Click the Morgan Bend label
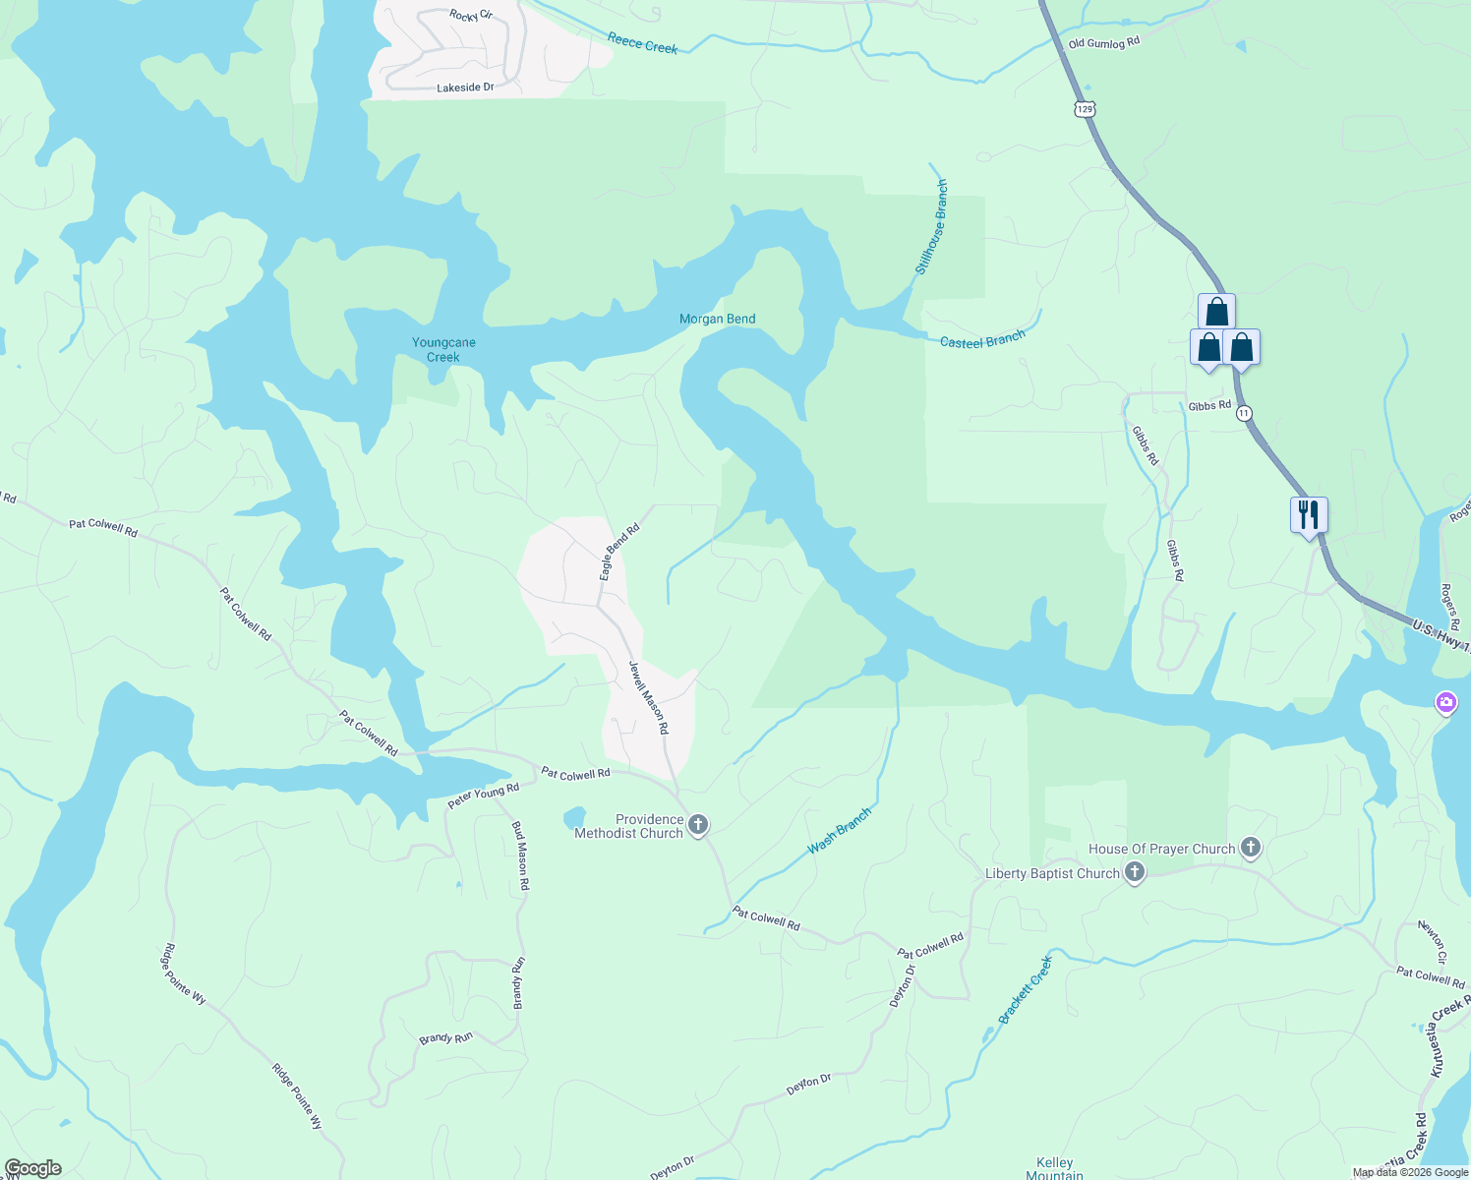click(717, 319)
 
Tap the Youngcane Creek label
click(443, 349)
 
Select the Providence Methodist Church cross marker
click(698, 824)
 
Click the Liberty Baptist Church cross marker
click(1135, 872)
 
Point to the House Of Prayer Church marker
click(1250, 848)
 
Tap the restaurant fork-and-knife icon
click(1309, 514)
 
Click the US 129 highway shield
click(1085, 109)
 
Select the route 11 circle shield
click(1245, 413)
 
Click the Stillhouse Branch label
click(931, 227)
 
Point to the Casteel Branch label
click(982, 339)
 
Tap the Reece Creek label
click(642, 43)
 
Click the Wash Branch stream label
click(839, 831)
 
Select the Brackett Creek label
click(1026, 989)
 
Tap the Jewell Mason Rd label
click(649, 697)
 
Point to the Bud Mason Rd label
click(521, 855)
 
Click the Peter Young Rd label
click(483, 796)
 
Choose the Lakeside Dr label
click(465, 88)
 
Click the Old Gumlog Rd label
click(1103, 43)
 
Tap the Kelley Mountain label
click(1054, 1168)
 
